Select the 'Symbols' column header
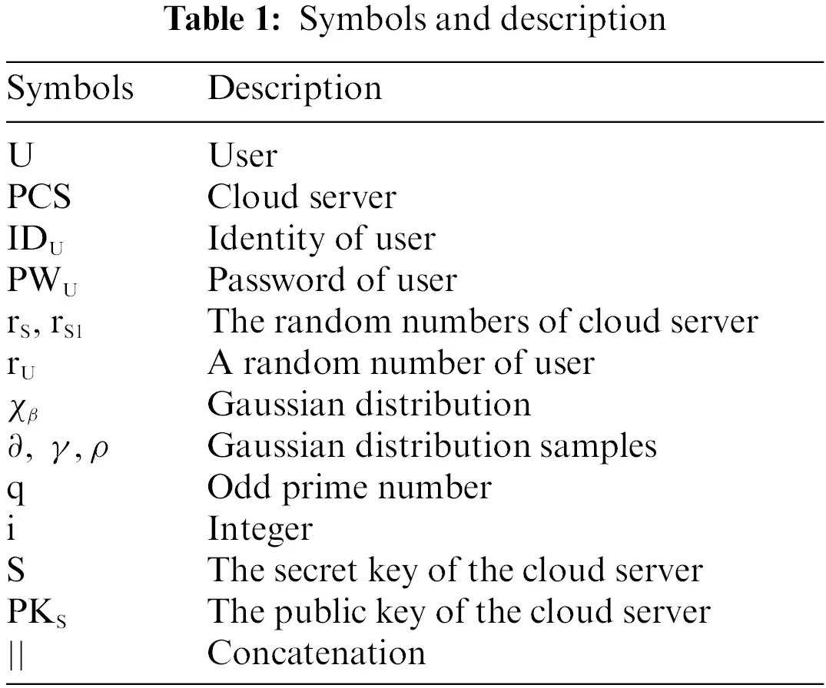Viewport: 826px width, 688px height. [70, 88]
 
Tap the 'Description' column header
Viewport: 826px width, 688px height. [294, 88]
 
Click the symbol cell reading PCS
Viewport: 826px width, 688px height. [39, 197]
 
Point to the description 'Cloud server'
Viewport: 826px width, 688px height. [302, 197]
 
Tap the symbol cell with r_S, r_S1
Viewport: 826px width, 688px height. [50, 322]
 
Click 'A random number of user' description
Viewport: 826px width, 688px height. [400, 362]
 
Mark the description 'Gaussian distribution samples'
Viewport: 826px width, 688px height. [432, 446]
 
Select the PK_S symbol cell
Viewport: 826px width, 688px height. [37, 612]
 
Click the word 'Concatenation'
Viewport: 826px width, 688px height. [317, 653]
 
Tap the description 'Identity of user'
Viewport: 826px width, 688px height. [321, 239]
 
